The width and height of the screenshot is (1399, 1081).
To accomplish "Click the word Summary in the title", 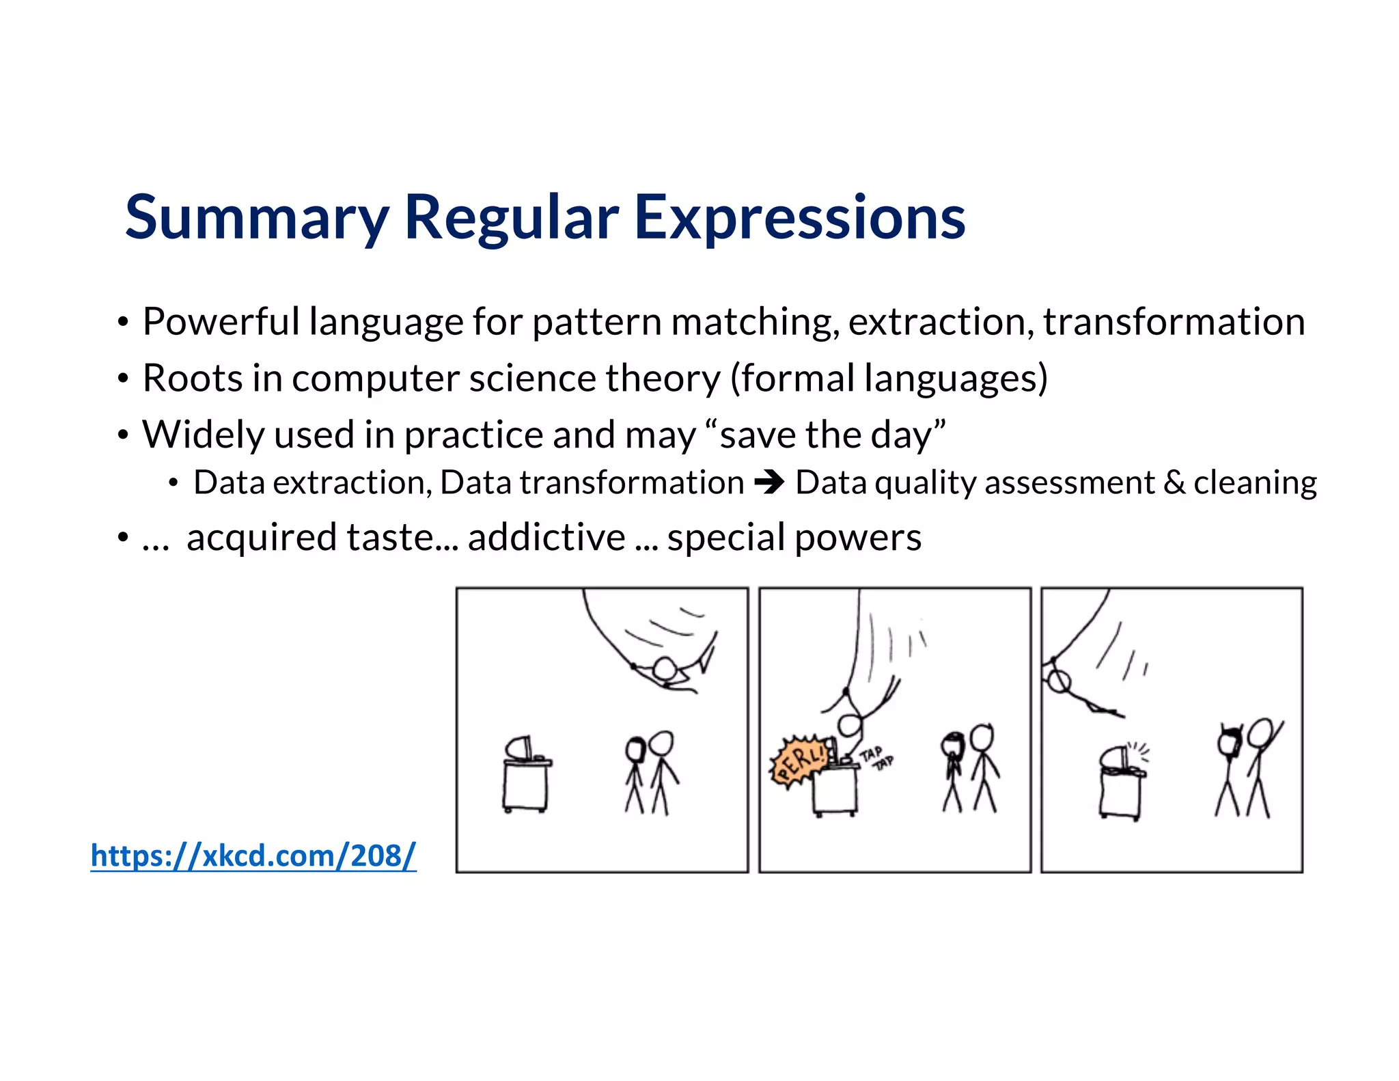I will (256, 217).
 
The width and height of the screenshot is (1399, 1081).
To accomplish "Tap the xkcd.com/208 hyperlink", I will (253, 855).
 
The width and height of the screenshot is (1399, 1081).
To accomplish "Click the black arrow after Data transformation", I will (769, 483).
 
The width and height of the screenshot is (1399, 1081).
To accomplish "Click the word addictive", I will (546, 537).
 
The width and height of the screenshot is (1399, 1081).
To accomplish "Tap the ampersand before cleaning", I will (1174, 483).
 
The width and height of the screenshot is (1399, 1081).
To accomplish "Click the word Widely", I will (203, 435).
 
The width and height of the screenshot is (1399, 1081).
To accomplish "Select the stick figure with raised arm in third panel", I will (1260, 765).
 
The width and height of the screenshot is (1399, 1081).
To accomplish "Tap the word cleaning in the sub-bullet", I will (1255, 483).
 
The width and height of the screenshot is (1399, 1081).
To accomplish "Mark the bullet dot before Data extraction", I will (174, 484).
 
